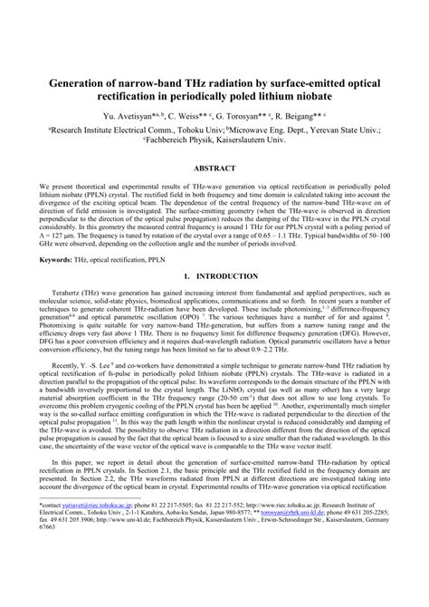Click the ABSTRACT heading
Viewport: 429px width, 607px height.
point(214,168)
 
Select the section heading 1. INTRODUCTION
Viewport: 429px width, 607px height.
point(214,275)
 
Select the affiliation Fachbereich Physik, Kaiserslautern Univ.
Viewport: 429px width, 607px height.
point(214,140)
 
